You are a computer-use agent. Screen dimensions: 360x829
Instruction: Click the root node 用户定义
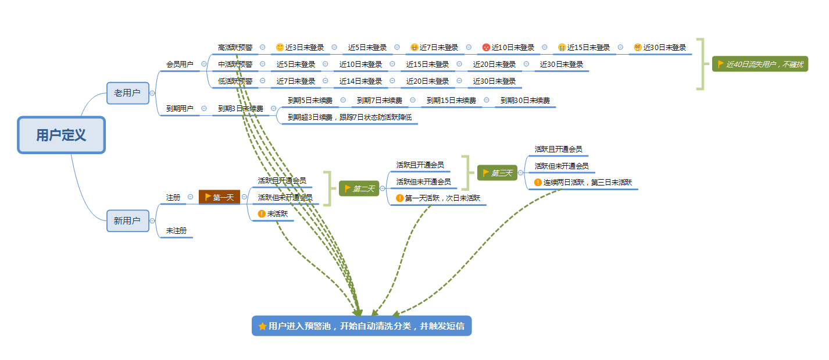(61, 136)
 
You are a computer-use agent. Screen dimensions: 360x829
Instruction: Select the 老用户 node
(127, 93)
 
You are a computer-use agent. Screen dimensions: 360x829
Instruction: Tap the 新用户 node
(127, 221)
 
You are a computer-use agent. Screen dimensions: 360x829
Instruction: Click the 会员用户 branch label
(180, 65)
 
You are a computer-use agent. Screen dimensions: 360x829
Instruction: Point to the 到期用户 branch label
(180, 108)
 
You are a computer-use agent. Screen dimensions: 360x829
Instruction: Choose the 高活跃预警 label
(235, 48)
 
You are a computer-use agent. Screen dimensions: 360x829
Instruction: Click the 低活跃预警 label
(235, 81)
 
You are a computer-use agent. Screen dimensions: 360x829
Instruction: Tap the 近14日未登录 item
(360, 81)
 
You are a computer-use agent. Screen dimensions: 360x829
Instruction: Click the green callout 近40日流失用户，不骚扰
(760, 65)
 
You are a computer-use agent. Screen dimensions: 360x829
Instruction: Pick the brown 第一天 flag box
(219, 198)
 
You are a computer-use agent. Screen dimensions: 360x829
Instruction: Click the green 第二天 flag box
(359, 188)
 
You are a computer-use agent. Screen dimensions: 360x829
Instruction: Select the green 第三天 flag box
(497, 173)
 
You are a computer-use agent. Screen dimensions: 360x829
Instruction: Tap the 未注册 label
(176, 231)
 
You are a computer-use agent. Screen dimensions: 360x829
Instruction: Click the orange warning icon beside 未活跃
(262, 214)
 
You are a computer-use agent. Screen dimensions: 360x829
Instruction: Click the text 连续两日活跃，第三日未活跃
(588, 183)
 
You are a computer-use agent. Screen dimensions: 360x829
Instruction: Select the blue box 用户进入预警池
(362, 326)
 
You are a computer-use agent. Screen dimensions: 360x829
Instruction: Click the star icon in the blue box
(262, 326)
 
